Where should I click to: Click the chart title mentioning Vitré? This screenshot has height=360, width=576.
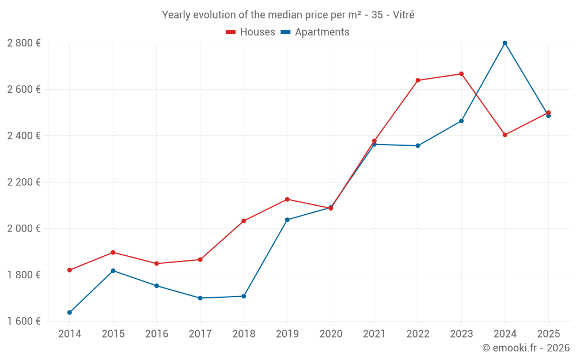click(288, 15)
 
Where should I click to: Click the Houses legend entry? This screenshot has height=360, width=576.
click(251, 32)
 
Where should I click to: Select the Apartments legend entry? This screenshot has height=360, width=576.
click(315, 32)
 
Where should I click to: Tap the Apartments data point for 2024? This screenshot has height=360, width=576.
click(505, 43)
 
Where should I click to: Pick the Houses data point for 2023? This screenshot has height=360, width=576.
click(461, 74)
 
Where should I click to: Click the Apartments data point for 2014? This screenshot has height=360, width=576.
click(70, 313)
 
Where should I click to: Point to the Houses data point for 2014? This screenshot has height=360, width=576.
click(70, 270)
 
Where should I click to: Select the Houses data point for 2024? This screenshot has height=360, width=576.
click(505, 135)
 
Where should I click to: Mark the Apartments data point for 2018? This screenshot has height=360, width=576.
click(244, 296)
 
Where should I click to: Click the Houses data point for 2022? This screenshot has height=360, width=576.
click(418, 80)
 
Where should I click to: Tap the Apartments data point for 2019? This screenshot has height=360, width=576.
click(287, 219)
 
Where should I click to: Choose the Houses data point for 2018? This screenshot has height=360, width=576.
click(244, 221)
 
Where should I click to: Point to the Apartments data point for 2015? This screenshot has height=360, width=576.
click(113, 271)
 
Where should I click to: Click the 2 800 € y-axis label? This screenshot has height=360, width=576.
click(24, 43)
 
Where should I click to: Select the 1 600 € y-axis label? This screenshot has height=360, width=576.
click(24, 321)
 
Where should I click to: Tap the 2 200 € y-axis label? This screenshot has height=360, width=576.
click(24, 182)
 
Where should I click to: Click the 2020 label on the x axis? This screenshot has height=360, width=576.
click(331, 334)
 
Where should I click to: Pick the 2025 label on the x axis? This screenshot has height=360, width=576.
click(548, 334)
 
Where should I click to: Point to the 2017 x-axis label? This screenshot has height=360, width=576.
click(200, 334)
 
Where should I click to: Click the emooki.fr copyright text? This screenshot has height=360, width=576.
click(526, 348)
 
